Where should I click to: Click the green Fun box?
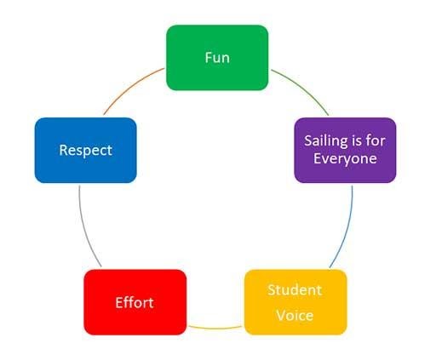[x=217, y=58]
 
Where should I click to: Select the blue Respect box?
[x=86, y=150]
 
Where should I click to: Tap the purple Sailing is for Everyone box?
[x=345, y=150]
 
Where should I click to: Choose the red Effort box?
[x=135, y=302]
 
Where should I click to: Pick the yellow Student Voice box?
[x=295, y=302]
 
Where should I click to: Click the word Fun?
[x=217, y=58]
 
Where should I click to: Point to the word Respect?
[x=86, y=151]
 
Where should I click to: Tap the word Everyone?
[x=345, y=159]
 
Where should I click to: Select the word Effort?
[x=135, y=303]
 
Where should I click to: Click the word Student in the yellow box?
[x=295, y=290]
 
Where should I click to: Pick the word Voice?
[x=295, y=316]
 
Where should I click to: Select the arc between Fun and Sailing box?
[x=303, y=89]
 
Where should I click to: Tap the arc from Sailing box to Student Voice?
[x=346, y=228]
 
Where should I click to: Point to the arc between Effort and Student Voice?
[x=215, y=329]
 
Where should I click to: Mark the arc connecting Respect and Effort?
[x=86, y=228]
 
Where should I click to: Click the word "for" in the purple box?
[x=376, y=140]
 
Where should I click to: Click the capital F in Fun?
[x=209, y=58]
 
